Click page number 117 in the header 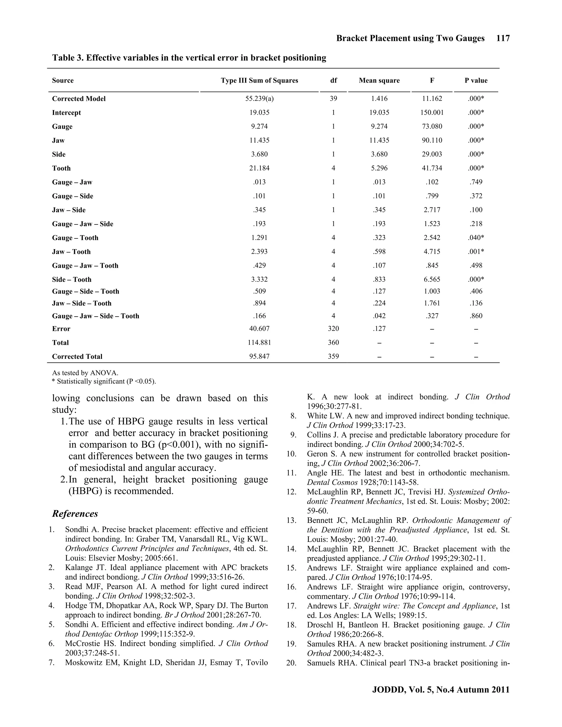point(503,38)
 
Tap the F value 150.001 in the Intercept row point(432,112)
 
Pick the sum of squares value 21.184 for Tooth point(259,168)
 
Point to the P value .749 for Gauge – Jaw point(476,182)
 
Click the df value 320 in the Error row point(333,329)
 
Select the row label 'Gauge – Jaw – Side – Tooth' point(95,316)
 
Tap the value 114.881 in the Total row point(259,343)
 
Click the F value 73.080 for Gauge point(432,126)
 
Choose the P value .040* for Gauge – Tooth point(476,238)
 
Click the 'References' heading point(75,514)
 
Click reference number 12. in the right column point(291,492)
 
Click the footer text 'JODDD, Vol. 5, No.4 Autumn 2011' point(440,689)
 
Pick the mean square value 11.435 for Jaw point(379,140)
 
